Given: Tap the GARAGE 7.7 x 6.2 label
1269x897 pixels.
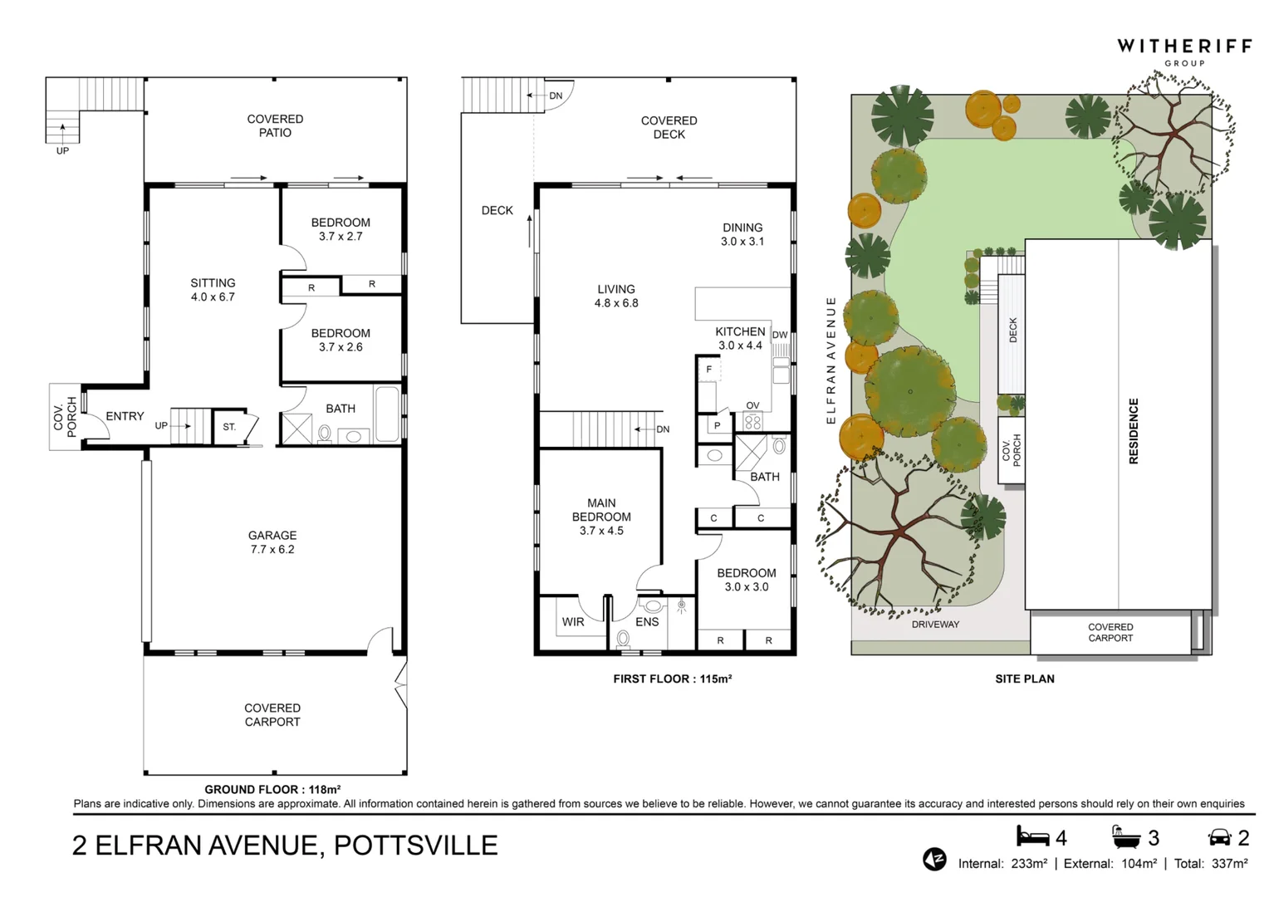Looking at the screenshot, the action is pyautogui.click(x=272, y=542).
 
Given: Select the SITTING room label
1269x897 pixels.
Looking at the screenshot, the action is pyautogui.click(x=213, y=290).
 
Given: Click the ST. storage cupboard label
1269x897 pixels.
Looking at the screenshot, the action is pyautogui.click(x=229, y=427).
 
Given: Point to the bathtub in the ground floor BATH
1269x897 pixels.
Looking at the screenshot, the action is pyautogui.click(x=387, y=414).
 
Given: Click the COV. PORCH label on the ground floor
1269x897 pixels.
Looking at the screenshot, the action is pyautogui.click(x=65, y=417).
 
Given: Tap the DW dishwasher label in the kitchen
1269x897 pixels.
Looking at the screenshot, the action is pyautogui.click(x=780, y=335).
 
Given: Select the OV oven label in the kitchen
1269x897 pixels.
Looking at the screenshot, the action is pyautogui.click(x=752, y=405).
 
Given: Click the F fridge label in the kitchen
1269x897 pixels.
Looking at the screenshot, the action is pyautogui.click(x=708, y=370).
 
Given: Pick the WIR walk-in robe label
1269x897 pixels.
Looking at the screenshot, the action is pyautogui.click(x=573, y=621).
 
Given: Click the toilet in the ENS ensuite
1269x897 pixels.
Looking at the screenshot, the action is pyautogui.click(x=623, y=639).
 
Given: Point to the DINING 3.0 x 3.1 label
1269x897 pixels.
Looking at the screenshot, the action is pyautogui.click(x=742, y=234).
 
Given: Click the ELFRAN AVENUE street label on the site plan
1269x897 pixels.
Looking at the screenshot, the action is pyautogui.click(x=831, y=360).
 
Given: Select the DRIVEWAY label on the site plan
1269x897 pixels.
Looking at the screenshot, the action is pyautogui.click(x=935, y=625).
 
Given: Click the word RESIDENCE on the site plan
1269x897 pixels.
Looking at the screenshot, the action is pyautogui.click(x=1134, y=431).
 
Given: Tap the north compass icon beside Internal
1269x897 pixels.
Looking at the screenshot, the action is pyautogui.click(x=934, y=859).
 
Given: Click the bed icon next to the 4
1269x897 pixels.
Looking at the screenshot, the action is pyautogui.click(x=1033, y=836).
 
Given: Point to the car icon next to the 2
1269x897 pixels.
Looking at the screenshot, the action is pyautogui.click(x=1219, y=837).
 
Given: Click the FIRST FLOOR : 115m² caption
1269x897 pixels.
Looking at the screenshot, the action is pyautogui.click(x=673, y=679).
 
